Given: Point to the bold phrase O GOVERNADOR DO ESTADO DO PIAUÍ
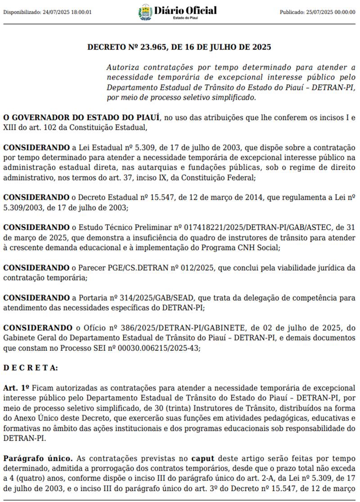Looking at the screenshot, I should (x=81, y=118).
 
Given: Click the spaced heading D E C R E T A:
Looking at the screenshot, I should (x=31, y=367).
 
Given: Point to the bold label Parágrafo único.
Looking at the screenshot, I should (x=38, y=458).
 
